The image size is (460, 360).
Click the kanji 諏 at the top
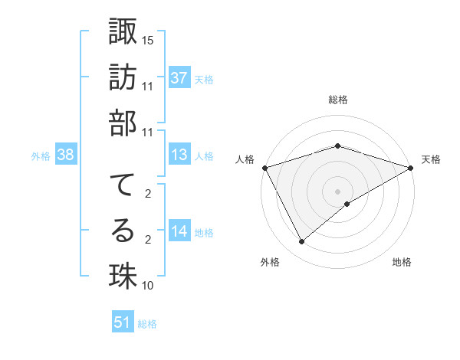coord(123,33)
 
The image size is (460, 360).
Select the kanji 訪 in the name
coord(123,79)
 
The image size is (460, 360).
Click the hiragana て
coord(123,185)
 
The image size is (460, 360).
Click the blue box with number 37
coord(179,78)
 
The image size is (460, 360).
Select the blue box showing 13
coord(179,155)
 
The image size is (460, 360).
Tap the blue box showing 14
coord(179,232)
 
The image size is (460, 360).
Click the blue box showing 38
coord(65,155)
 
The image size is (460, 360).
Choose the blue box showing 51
coord(123,323)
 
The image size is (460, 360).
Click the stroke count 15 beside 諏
coord(148,39)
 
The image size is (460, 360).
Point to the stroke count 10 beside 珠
coord(148,286)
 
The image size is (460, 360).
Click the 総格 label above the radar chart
coord(337,100)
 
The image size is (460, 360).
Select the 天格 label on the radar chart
coord(432,159)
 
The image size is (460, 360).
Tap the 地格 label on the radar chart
coord(402,263)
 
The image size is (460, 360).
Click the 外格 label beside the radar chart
coord(270,263)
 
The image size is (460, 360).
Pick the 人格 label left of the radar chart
coord(245,159)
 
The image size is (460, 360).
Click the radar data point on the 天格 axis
coord(412,167)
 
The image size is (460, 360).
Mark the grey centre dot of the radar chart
coord(337,191)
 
